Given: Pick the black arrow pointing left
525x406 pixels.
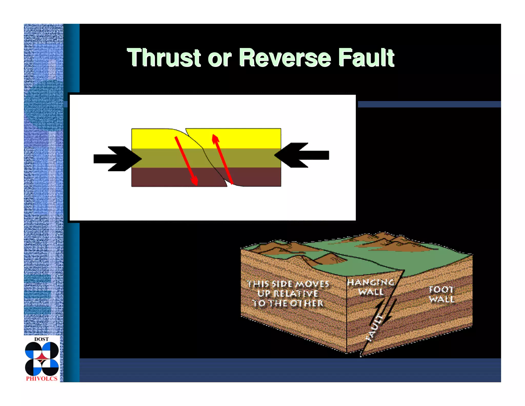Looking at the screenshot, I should click(x=302, y=155).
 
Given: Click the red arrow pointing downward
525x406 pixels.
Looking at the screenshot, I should click(x=186, y=161).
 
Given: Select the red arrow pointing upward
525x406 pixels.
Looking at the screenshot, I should click(x=222, y=159).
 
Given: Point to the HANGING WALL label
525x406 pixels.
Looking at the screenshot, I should click(x=371, y=287).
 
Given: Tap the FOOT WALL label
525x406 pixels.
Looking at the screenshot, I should click(x=441, y=294).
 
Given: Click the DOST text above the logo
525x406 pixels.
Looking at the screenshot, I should click(x=42, y=339).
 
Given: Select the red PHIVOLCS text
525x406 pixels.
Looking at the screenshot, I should click(x=42, y=379).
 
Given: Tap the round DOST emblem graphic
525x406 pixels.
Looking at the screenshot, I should click(x=42, y=359).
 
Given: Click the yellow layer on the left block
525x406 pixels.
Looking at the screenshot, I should click(x=151, y=139).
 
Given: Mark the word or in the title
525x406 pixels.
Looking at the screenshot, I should click(x=219, y=59).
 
